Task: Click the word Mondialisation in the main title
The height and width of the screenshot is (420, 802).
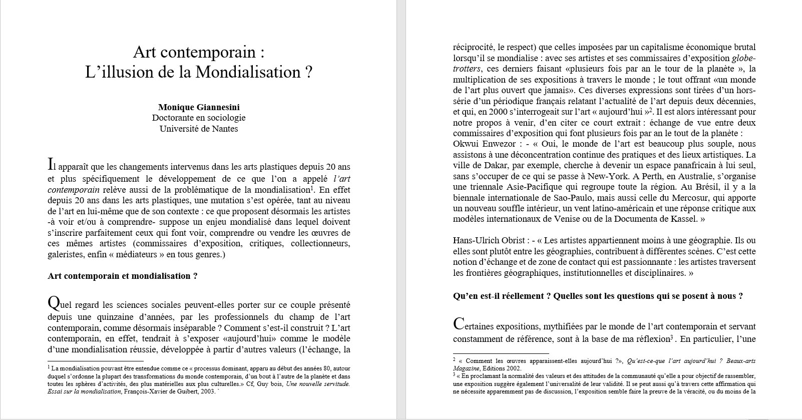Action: click(x=248, y=72)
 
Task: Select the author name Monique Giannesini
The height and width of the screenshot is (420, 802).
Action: click(x=199, y=107)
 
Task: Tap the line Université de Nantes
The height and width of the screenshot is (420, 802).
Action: click(x=199, y=129)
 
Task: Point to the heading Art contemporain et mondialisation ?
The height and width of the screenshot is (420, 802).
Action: click(x=123, y=276)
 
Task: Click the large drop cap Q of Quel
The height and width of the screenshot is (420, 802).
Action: click(x=54, y=303)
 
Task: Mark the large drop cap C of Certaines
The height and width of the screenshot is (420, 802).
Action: click(x=459, y=324)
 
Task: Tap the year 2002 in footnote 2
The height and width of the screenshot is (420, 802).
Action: click(x=512, y=368)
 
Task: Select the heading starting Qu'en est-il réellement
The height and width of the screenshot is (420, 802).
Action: click(x=597, y=296)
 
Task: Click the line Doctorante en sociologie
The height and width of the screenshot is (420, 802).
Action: click(x=199, y=118)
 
